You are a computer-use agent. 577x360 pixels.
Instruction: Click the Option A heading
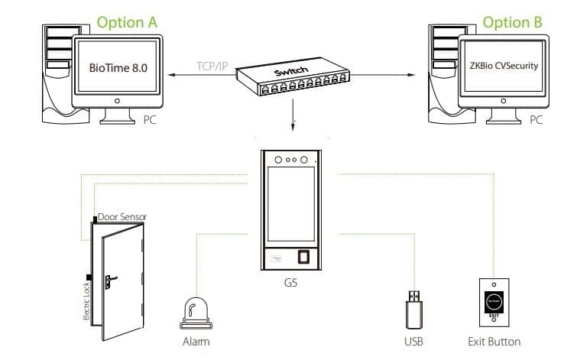pyautogui.click(x=127, y=22)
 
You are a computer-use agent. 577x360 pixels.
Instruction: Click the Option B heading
pyautogui.click(x=512, y=22)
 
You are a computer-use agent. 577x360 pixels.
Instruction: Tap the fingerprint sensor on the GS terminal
pyautogui.click(x=304, y=257)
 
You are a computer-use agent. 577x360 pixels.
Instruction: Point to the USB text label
pyautogui.click(x=413, y=341)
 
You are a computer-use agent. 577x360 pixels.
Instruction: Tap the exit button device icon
pyautogui.click(x=494, y=303)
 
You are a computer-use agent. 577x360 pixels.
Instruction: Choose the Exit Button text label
pyautogui.click(x=494, y=341)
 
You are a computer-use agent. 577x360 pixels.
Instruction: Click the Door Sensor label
pyautogui.click(x=122, y=217)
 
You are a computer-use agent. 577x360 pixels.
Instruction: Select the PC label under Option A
pyautogui.click(x=151, y=119)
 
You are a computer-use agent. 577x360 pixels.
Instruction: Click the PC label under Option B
pyautogui.click(x=536, y=119)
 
